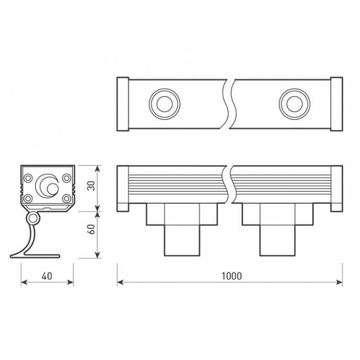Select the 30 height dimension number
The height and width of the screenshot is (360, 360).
pyautogui.click(x=91, y=187)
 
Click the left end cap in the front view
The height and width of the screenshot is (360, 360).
pyautogui.click(x=122, y=188)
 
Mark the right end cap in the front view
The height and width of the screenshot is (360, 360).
pyautogui.click(x=337, y=188)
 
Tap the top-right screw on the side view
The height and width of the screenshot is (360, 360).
pyautogui.click(x=66, y=178)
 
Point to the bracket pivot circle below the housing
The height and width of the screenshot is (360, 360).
pyautogui.click(x=33, y=217)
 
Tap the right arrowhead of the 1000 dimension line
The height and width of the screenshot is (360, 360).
pyautogui.click(x=340, y=282)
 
